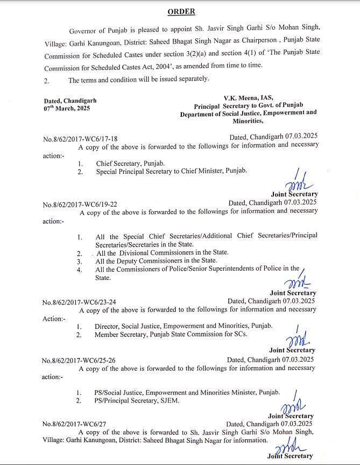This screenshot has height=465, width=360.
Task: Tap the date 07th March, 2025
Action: (67, 108)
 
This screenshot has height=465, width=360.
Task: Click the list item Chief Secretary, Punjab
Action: (130, 163)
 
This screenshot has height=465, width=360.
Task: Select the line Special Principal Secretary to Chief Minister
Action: (171, 171)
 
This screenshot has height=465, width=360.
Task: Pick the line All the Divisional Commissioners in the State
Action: (161, 252)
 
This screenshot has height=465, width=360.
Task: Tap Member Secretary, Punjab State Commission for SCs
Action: (171, 335)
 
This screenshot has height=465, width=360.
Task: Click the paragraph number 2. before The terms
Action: (47, 80)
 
